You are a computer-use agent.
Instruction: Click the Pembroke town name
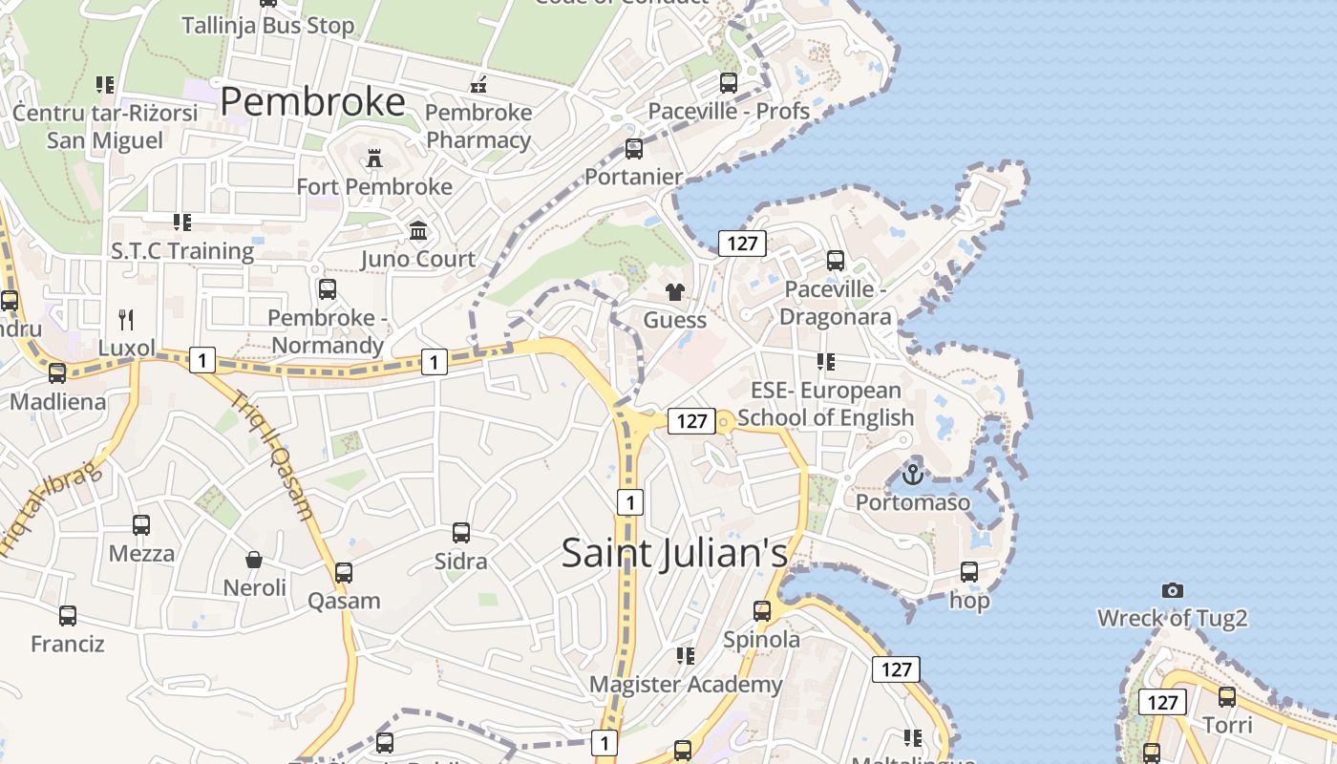tap(312, 101)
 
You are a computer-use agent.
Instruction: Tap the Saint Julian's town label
tap(674, 553)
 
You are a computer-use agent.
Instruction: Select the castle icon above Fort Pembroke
tap(374, 159)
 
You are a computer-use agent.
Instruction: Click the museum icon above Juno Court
tap(418, 231)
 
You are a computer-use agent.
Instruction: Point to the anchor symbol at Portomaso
tap(913, 474)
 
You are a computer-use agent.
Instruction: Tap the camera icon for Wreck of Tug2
tap(1173, 590)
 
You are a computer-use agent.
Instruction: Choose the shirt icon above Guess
tap(675, 292)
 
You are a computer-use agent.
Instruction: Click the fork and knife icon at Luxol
tap(126, 318)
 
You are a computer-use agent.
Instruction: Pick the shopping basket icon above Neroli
tap(254, 560)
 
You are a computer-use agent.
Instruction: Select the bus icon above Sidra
tap(461, 533)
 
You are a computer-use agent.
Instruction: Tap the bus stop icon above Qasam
tap(344, 573)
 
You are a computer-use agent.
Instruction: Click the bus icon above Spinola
tap(761, 611)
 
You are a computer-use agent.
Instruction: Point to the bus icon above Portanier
tap(633, 149)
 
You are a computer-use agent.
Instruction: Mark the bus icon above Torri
tap(1227, 697)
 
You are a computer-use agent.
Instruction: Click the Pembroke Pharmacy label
tap(478, 126)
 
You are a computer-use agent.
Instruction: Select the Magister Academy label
tap(685, 685)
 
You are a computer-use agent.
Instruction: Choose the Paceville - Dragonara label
tap(836, 303)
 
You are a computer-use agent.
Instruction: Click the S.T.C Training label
tap(181, 251)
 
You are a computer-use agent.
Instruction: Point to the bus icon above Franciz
tap(67, 616)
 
